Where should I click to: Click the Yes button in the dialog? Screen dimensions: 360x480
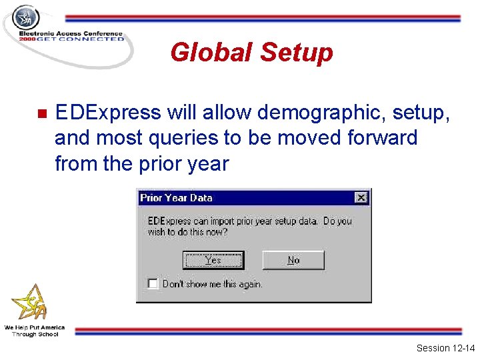[x=213, y=260]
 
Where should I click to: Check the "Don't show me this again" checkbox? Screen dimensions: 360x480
[x=153, y=283]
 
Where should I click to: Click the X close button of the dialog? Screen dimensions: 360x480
[x=361, y=197]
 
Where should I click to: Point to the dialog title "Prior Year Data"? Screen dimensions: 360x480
[x=176, y=197]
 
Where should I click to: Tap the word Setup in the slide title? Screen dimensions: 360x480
[x=297, y=52]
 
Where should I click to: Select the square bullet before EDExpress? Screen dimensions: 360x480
[x=40, y=113]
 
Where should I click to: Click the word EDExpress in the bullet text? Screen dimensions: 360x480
[x=108, y=113]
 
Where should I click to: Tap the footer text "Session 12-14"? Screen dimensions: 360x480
[x=445, y=348]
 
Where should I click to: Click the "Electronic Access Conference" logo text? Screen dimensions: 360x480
[x=71, y=33]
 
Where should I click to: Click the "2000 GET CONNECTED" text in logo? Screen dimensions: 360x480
[x=71, y=39]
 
